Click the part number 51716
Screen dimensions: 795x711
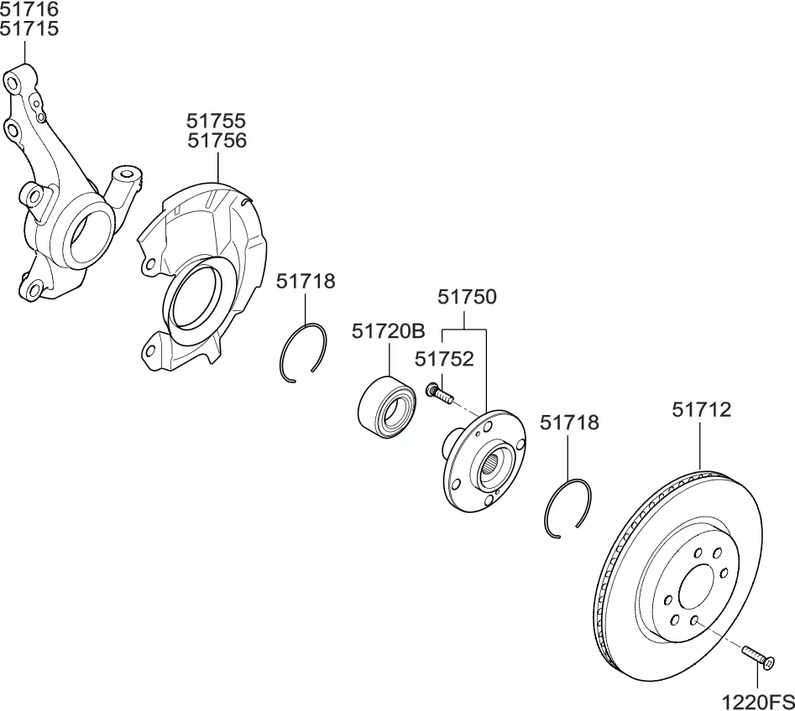pyautogui.click(x=29, y=9)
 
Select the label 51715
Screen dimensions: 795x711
pyautogui.click(x=29, y=29)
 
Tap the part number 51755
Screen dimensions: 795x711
pyautogui.click(x=216, y=121)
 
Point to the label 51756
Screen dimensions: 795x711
pyautogui.click(x=217, y=140)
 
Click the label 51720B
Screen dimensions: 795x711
pyautogui.click(x=389, y=331)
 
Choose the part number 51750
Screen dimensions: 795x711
pyautogui.click(x=468, y=297)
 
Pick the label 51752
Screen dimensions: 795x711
pyautogui.click(x=444, y=359)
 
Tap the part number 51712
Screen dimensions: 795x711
pyautogui.click(x=702, y=410)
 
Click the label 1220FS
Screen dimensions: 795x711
pyautogui.click(x=759, y=702)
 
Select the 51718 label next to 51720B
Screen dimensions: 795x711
pyautogui.click(x=306, y=281)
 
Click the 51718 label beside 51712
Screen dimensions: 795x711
pyautogui.click(x=569, y=423)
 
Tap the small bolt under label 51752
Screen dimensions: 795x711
pyautogui.click(x=439, y=393)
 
